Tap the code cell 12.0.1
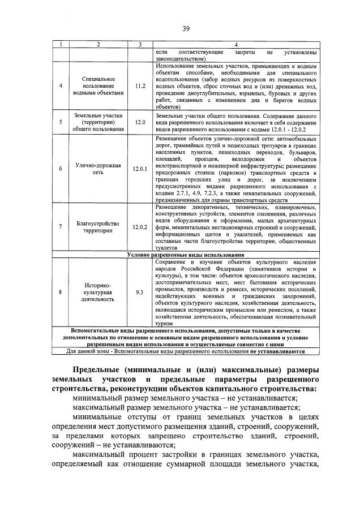(139, 169)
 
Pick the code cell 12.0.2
(139, 227)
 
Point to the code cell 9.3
(139, 291)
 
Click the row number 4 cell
(61, 86)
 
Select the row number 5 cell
(61, 122)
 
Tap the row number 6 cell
(61, 169)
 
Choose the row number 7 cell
(61, 227)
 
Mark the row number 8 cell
(61, 291)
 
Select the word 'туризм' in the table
(163, 324)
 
